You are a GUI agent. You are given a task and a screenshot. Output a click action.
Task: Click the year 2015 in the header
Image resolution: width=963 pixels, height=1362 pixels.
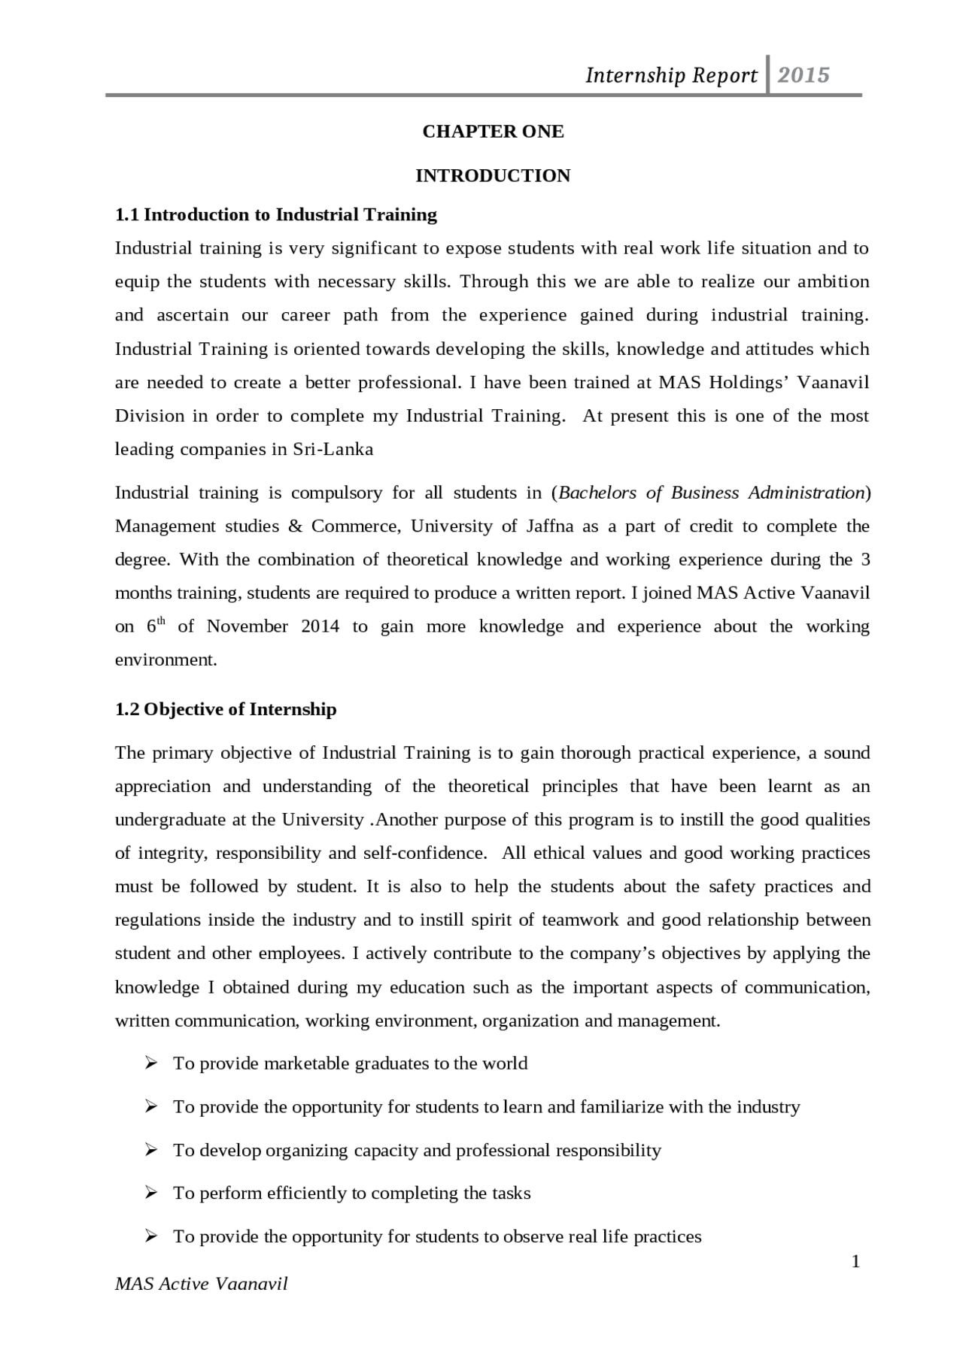pyautogui.click(x=803, y=74)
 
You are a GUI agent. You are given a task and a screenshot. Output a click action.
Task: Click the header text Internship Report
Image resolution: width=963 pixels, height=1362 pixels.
pyautogui.click(x=671, y=75)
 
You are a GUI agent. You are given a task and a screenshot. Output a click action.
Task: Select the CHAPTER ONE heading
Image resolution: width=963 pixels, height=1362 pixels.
pyautogui.click(x=493, y=132)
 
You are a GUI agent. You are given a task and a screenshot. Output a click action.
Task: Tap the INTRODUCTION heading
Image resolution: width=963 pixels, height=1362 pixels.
pyautogui.click(x=493, y=176)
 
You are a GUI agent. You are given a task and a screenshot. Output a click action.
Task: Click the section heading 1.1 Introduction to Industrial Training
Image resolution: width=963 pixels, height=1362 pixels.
pyautogui.click(x=275, y=215)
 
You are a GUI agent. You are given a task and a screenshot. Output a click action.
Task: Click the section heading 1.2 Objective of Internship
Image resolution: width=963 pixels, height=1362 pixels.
pyautogui.click(x=226, y=709)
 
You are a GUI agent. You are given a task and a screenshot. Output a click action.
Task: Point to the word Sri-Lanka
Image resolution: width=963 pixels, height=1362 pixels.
pyautogui.click(x=333, y=450)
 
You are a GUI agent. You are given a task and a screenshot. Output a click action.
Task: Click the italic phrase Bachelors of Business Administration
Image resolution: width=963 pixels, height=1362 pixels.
pyautogui.click(x=711, y=493)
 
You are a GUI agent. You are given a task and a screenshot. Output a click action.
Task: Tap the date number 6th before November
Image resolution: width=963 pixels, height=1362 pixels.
pyautogui.click(x=155, y=626)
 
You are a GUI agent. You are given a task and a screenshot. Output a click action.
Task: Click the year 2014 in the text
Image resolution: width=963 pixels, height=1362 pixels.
pyautogui.click(x=320, y=626)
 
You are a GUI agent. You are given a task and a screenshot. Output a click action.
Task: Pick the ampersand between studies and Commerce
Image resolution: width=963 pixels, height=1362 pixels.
pyautogui.click(x=295, y=526)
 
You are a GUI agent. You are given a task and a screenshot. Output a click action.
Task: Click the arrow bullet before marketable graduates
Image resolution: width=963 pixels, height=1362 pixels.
pyautogui.click(x=151, y=1063)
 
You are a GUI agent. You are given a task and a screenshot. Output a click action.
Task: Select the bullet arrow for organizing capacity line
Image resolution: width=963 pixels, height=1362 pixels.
pyautogui.click(x=151, y=1150)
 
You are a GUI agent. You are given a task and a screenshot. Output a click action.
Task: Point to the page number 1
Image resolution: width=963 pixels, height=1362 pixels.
pyautogui.click(x=855, y=1261)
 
